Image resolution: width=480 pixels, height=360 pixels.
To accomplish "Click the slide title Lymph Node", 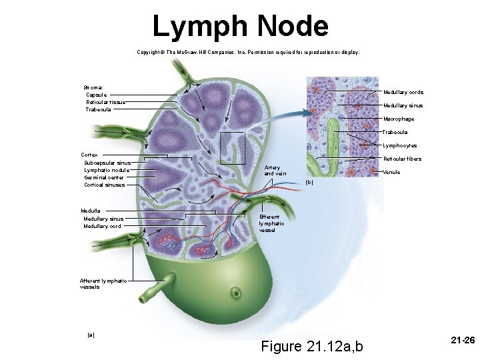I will click(240, 27).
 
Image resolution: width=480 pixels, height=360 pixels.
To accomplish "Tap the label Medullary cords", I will click(403, 92).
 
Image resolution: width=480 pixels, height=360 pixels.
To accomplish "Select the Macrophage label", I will click(398, 119).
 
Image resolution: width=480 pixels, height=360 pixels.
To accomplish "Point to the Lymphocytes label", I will click(399, 145).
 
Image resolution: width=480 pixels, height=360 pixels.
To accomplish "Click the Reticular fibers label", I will click(403, 159).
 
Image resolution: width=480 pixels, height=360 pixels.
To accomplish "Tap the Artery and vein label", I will click(275, 170).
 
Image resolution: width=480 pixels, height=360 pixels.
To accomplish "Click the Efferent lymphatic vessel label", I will click(271, 223).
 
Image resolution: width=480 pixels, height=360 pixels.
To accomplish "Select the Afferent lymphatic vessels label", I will click(99, 283).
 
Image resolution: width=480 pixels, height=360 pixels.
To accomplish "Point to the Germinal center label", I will click(104, 177).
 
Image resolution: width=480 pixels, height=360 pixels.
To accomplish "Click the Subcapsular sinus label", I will click(107, 163).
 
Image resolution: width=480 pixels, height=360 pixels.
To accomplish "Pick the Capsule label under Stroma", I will click(96, 95).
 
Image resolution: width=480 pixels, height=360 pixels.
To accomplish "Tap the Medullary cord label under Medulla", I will click(102, 226).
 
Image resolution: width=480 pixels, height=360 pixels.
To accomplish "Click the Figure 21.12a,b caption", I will click(313, 346).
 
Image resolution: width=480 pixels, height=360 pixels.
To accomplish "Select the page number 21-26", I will click(462, 340).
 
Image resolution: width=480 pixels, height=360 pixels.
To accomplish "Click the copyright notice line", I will click(247, 51).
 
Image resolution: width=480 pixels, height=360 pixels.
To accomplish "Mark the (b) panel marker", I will click(308, 182).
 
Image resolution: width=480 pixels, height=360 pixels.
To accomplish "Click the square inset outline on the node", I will click(233, 147).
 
